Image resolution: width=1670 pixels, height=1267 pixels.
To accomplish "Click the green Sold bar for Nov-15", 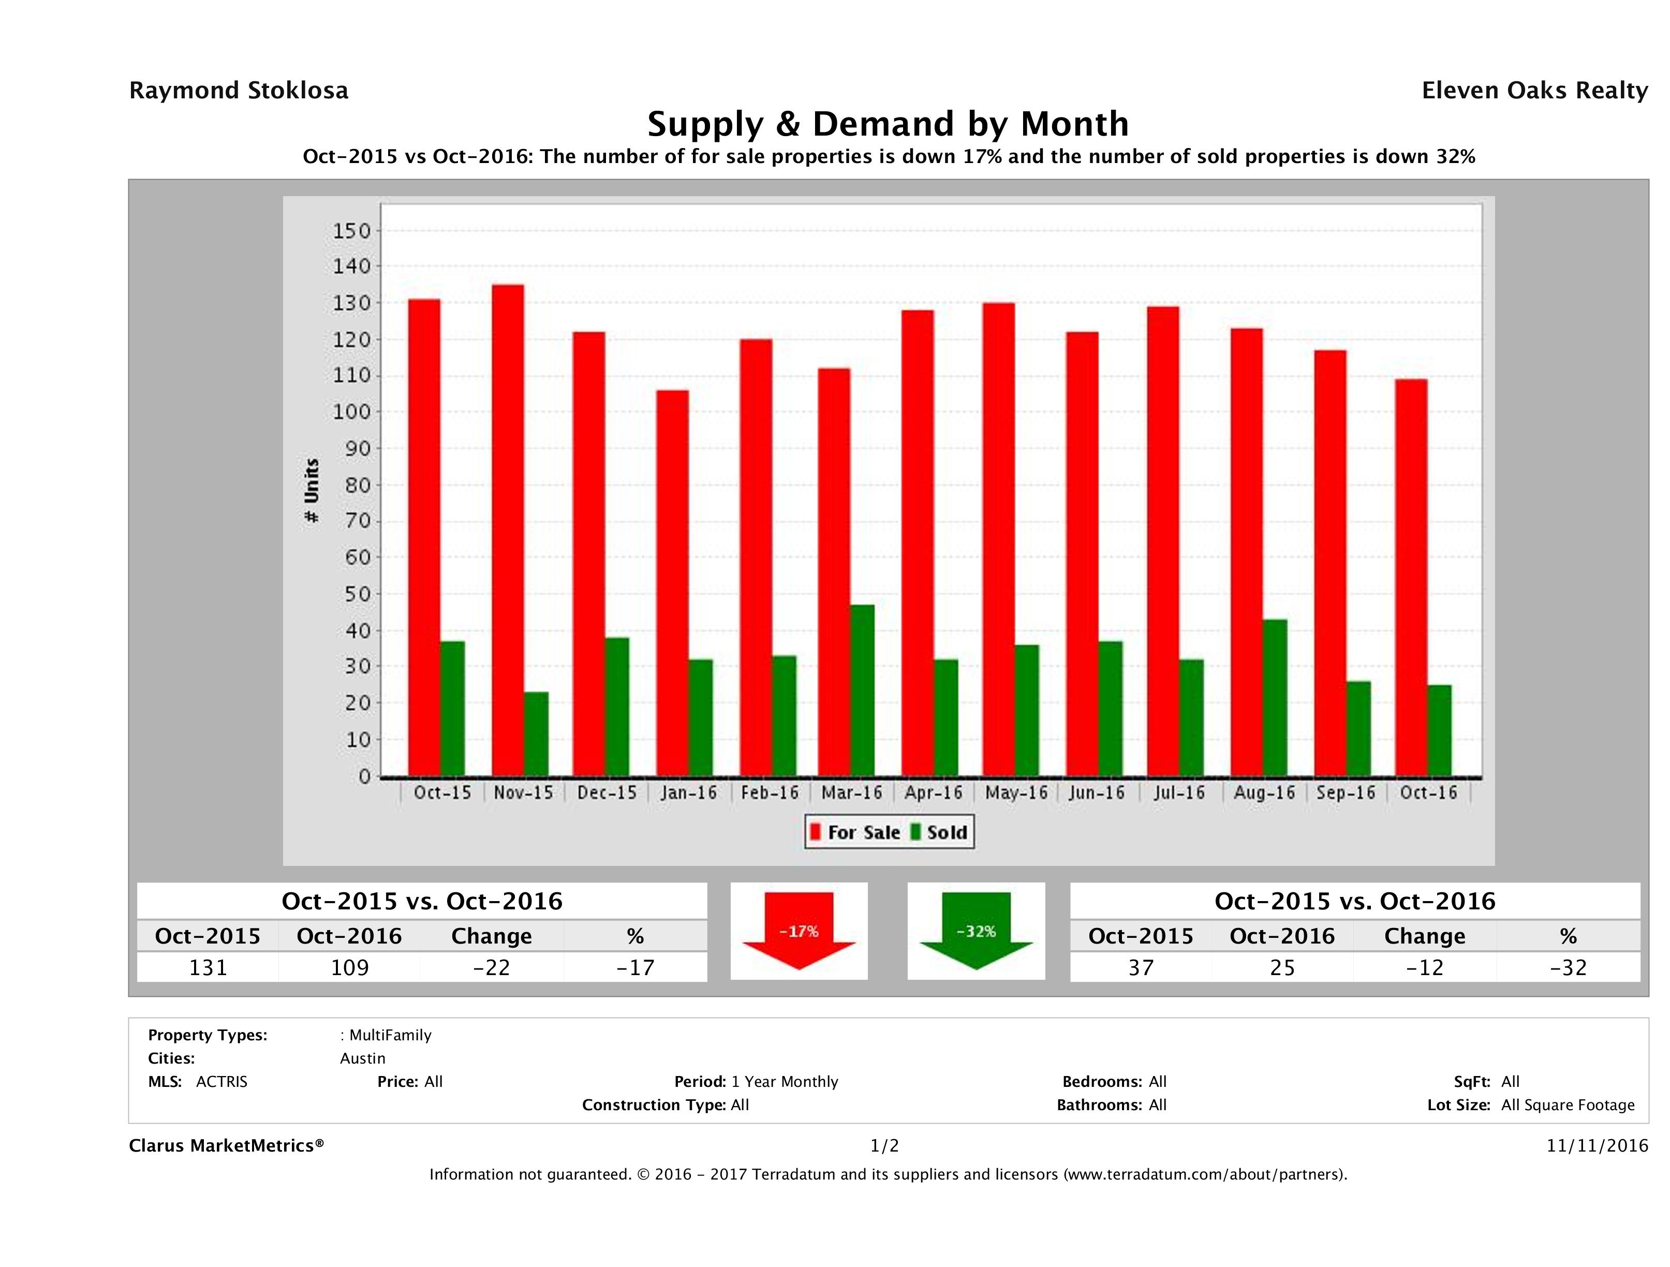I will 535,734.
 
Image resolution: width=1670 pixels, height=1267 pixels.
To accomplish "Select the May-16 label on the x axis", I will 1016,793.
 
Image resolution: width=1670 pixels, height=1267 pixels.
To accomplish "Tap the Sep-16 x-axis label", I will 1346,793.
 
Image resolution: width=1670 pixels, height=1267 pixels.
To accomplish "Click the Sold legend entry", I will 939,832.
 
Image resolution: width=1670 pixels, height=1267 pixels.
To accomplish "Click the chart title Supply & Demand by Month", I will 888,124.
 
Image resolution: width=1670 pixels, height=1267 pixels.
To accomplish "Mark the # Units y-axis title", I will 311,491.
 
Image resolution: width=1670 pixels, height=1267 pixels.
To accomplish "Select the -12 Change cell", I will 1424,967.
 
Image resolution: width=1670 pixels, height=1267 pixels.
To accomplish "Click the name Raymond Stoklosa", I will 239,91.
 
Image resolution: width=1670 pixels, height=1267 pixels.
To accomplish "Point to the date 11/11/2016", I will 1597,1145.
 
